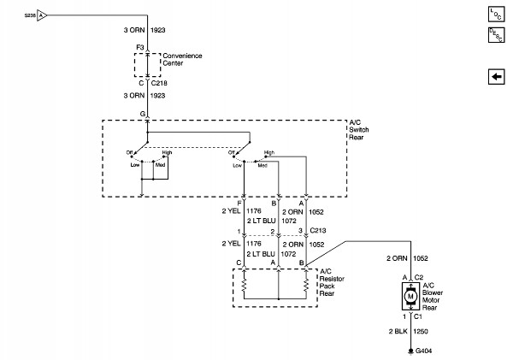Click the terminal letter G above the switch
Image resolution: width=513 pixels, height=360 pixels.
click(142, 113)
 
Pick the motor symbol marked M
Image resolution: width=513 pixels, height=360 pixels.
click(410, 297)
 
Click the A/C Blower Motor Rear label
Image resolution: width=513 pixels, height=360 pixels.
click(437, 296)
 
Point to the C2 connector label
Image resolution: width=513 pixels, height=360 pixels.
click(420, 277)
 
